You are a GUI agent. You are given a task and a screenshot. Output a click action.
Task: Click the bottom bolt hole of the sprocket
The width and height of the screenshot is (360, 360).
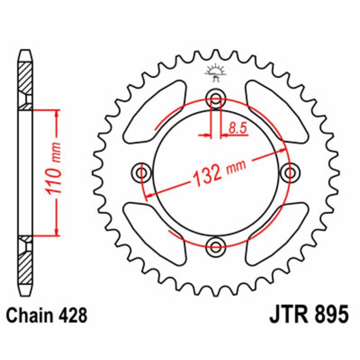click(216, 245)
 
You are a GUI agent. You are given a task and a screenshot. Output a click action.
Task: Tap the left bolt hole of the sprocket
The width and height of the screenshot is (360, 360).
click(143, 172)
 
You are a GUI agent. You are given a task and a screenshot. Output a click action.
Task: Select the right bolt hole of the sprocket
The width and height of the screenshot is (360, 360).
click(289, 172)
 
